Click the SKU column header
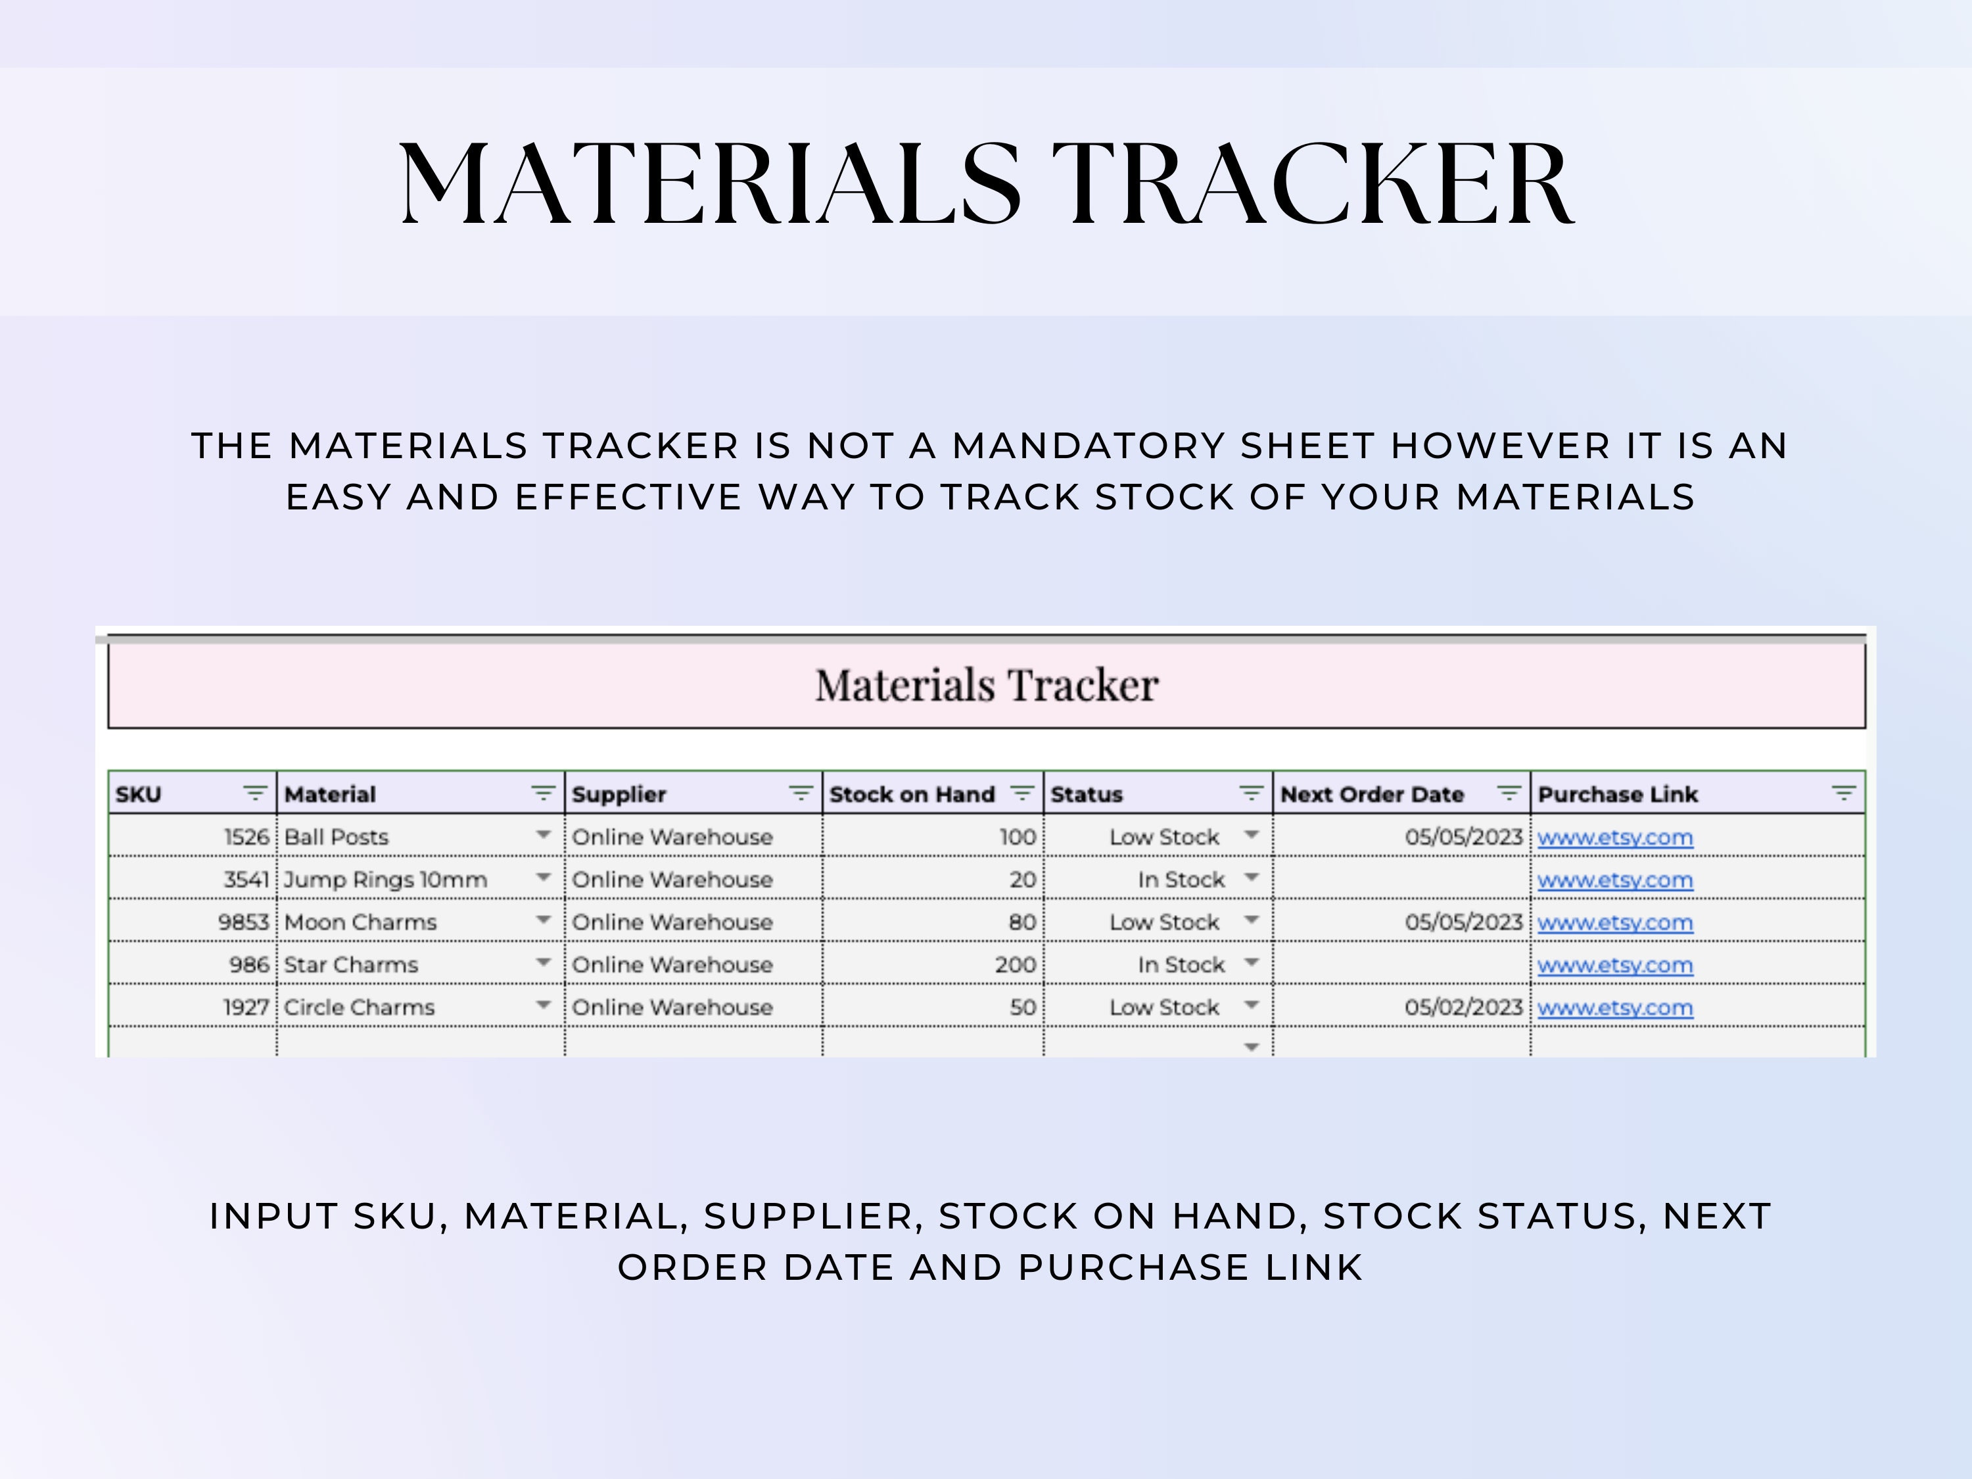click(138, 794)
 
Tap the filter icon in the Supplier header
click(801, 793)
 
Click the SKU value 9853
click(243, 922)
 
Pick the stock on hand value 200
click(1016, 964)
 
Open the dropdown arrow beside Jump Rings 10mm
click(543, 878)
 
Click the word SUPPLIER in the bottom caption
click(813, 1217)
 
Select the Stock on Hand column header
click(911, 794)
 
